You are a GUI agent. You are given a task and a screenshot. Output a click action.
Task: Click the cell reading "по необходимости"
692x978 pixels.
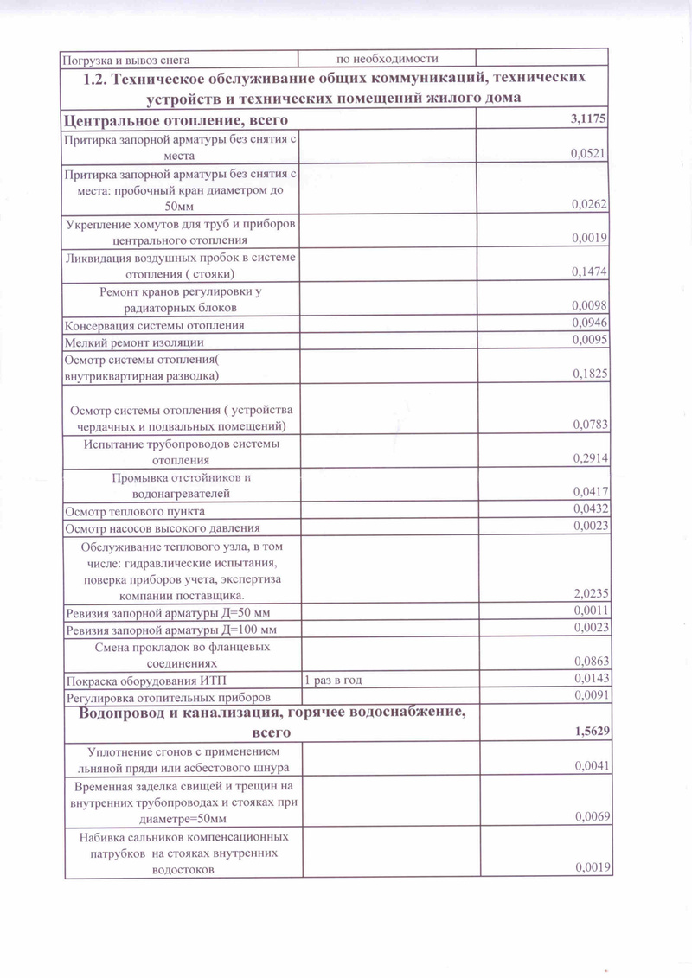point(388,59)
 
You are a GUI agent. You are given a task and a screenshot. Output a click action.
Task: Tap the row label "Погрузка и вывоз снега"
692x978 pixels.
point(127,60)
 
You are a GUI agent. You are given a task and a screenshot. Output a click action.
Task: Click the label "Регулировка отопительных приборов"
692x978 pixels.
point(169,696)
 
